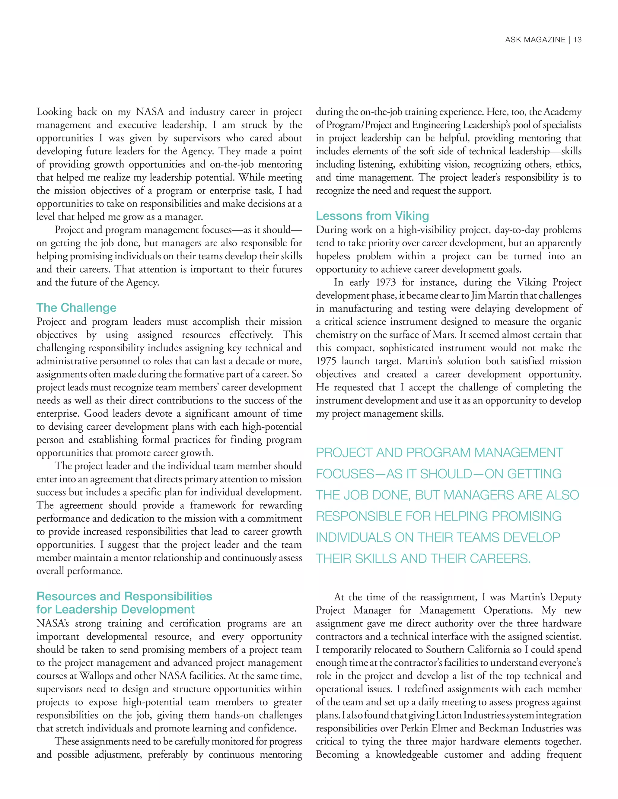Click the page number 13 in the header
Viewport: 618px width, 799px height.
[x=577, y=40]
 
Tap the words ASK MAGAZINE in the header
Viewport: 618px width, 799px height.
[x=535, y=40]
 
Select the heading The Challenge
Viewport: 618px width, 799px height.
[x=76, y=308]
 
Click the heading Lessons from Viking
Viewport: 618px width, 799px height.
[x=372, y=216]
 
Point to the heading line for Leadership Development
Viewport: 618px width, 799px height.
[x=115, y=609]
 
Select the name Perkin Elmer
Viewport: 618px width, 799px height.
[x=426, y=728]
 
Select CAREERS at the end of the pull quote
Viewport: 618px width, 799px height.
[x=500, y=559]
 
